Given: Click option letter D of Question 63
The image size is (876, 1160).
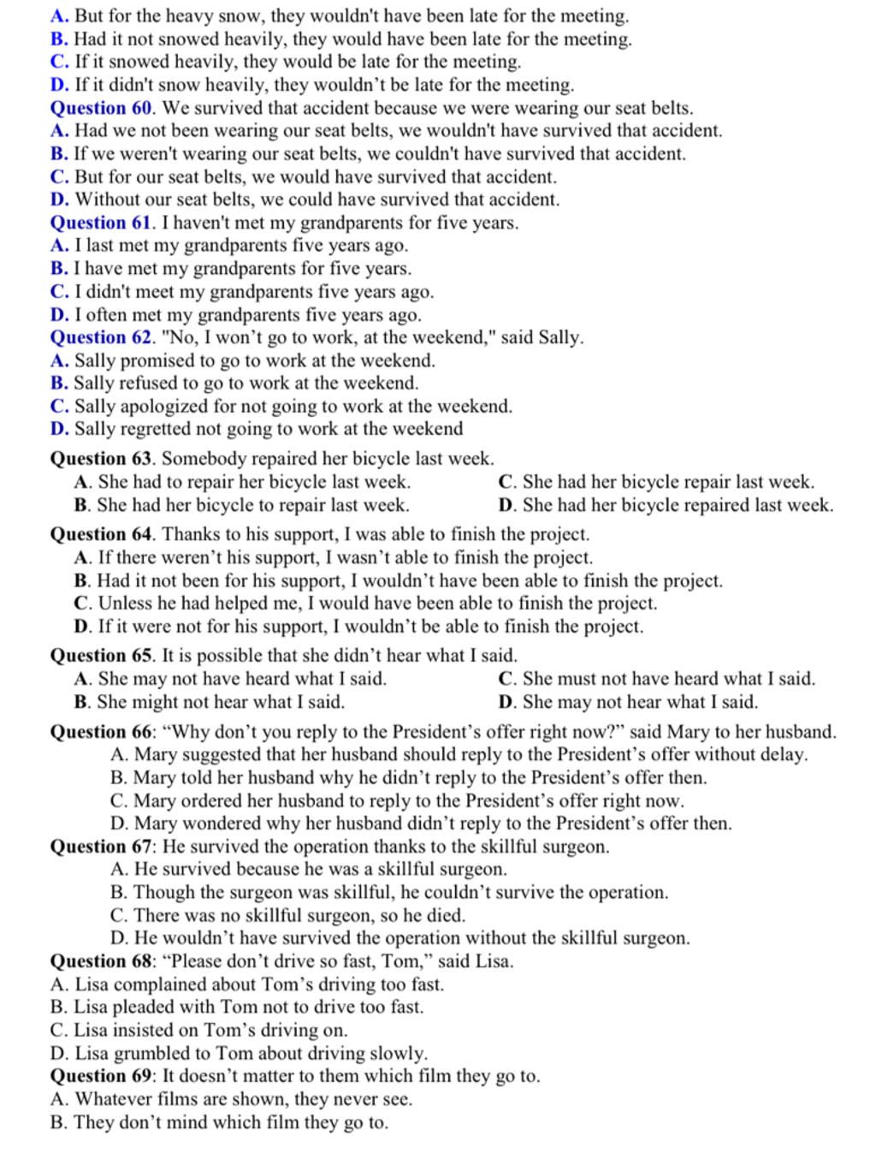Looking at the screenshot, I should coord(506,505).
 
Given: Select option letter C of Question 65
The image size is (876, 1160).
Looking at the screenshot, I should coord(506,679).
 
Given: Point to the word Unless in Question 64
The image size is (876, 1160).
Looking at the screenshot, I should coord(124,604).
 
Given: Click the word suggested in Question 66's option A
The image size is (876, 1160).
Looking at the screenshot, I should coord(219,755).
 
